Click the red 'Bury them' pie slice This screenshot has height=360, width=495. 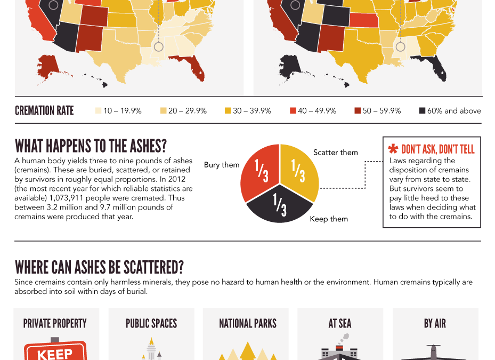tap(258, 171)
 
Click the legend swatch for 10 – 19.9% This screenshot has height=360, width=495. tap(98, 111)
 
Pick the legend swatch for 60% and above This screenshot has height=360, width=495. tap(422, 111)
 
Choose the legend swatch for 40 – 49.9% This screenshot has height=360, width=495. tap(293, 111)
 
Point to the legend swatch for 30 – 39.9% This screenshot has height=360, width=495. tap(228, 111)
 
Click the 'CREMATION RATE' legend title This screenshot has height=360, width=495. tap(44, 111)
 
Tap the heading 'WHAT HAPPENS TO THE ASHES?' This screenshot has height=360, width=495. tap(91, 146)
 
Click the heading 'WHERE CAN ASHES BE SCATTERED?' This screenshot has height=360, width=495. tap(99, 267)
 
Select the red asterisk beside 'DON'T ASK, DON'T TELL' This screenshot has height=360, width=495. tap(393, 149)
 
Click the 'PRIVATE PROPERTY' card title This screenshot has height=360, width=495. tap(55, 323)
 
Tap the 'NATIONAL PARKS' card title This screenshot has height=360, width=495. tap(248, 323)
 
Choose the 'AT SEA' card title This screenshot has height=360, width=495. tap(340, 323)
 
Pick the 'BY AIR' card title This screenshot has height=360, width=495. tap(435, 323)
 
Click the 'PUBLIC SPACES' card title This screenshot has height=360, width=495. tap(151, 323)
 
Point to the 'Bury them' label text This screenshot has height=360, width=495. tap(222, 165)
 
